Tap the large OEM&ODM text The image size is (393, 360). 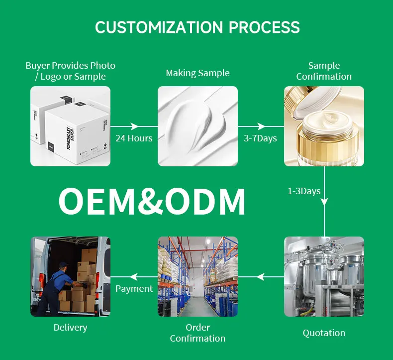[152, 202]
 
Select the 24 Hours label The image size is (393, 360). [134, 138]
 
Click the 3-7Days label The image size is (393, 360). [260, 138]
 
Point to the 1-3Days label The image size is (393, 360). [304, 191]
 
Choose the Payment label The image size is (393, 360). [134, 289]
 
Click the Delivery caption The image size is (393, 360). [70, 328]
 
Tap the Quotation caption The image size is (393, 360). [324, 333]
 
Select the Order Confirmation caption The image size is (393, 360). [197, 333]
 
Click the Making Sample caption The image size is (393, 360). [197, 73]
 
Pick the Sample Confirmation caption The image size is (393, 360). [324, 71]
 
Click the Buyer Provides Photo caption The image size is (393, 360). [70, 71]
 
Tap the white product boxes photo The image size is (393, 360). [70, 126]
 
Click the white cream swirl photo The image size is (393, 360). [197, 126]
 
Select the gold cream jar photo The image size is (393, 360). [324, 126]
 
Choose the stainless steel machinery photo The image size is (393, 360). [324, 276]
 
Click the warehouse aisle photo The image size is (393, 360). [197, 276]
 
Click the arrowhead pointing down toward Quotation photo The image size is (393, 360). [324, 202]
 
